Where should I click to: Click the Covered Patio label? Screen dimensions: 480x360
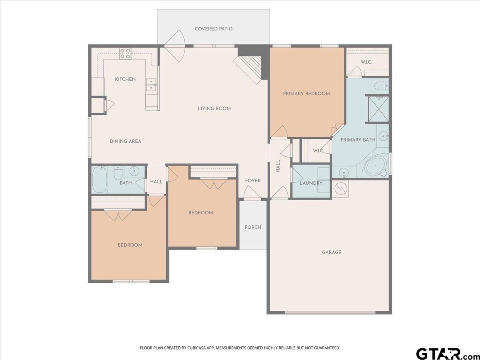coord(214,29)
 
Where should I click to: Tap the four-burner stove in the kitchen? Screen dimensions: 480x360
coord(125,54)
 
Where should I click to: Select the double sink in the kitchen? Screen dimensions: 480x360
coord(151,84)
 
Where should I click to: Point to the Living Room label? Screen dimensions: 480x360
coord(214,109)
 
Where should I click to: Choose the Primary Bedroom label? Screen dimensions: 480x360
coord(306,94)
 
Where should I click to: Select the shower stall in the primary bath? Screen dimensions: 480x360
coord(378,109)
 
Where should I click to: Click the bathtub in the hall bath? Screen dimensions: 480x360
coord(100,180)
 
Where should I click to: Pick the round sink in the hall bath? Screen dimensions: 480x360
coord(134,171)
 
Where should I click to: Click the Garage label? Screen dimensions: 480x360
coord(332,252)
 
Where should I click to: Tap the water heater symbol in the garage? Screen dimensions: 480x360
coord(341,188)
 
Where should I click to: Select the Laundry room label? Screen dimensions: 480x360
coord(311,183)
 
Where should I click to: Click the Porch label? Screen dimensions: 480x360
coord(253,227)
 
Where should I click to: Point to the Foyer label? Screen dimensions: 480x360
coord(253,181)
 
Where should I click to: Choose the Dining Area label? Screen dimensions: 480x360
coord(125,142)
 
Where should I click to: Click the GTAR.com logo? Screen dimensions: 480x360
coord(447,353)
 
